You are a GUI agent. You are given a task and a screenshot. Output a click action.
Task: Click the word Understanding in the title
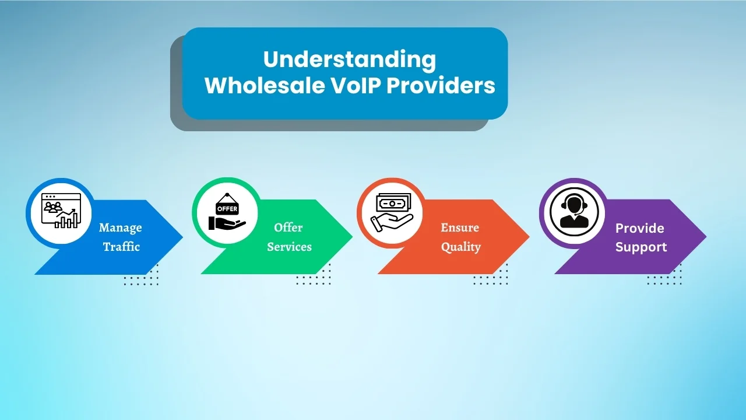coord(349,60)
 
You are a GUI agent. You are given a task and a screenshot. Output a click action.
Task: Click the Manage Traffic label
coord(121,237)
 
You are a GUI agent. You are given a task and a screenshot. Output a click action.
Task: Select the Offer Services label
coord(289,237)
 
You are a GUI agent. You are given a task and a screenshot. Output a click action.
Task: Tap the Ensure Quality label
coord(460,237)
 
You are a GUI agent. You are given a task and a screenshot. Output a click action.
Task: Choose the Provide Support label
coord(641,237)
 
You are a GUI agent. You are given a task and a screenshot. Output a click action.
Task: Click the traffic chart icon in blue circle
coord(60,212)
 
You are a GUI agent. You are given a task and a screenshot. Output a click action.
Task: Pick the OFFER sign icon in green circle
coord(227,212)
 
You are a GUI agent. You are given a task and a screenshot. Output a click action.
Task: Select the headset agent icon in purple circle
coord(573,212)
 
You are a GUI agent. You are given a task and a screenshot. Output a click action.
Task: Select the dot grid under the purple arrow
coord(664,275)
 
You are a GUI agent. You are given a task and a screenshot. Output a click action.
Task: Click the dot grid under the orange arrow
coord(490,275)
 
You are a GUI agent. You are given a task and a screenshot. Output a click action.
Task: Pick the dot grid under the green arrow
coord(313,275)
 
